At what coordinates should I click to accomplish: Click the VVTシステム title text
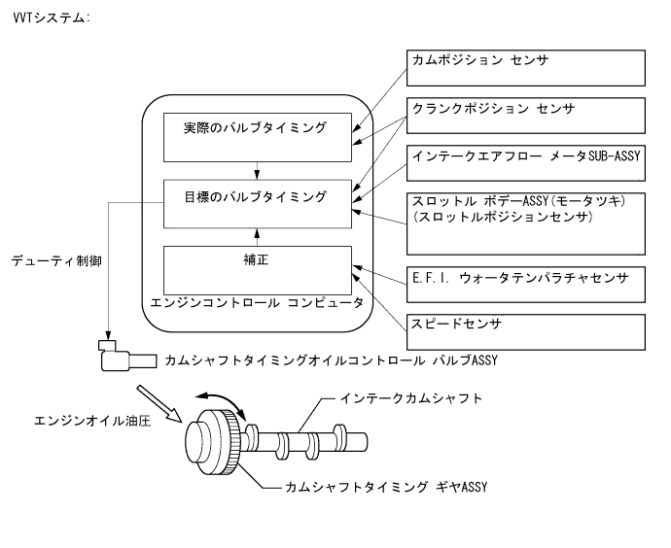coord(49,18)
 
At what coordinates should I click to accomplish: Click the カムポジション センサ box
coord(524,68)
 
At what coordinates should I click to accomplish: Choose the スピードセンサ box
coord(524,331)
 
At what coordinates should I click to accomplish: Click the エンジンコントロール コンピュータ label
coord(257,303)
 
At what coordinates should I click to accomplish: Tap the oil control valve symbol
coord(122,357)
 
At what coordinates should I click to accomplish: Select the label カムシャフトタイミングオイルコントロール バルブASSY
coord(332,360)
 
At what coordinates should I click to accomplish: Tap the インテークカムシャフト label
coord(411,399)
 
